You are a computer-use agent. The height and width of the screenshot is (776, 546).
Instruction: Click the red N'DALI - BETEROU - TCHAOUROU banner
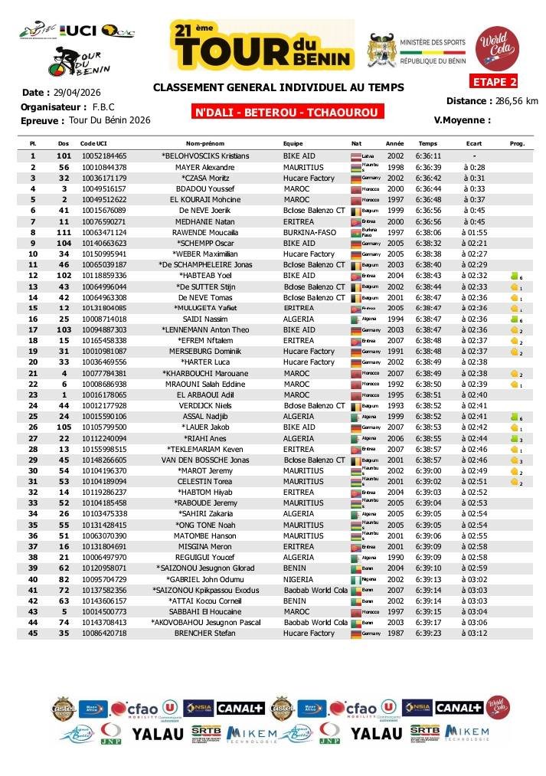(287, 113)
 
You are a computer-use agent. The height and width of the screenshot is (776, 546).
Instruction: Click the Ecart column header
(474, 143)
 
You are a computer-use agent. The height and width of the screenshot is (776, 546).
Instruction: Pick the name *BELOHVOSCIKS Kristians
(204, 156)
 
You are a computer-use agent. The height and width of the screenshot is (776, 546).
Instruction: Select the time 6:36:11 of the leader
(428, 156)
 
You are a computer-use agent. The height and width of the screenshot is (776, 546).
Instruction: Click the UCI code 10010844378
(103, 167)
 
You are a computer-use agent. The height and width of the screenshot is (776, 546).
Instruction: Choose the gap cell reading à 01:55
(475, 232)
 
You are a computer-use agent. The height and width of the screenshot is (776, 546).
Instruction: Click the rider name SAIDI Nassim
(204, 319)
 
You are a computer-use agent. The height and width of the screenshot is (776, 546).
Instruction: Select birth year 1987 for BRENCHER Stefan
(394, 634)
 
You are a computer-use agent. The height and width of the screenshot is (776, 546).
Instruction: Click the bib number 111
(64, 232)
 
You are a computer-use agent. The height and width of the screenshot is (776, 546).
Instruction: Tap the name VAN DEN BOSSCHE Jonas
(204, 460)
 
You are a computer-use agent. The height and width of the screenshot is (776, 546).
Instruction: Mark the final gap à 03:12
(475, 634)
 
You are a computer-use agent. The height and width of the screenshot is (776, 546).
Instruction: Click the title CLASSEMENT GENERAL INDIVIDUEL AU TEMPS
(278, 87)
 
